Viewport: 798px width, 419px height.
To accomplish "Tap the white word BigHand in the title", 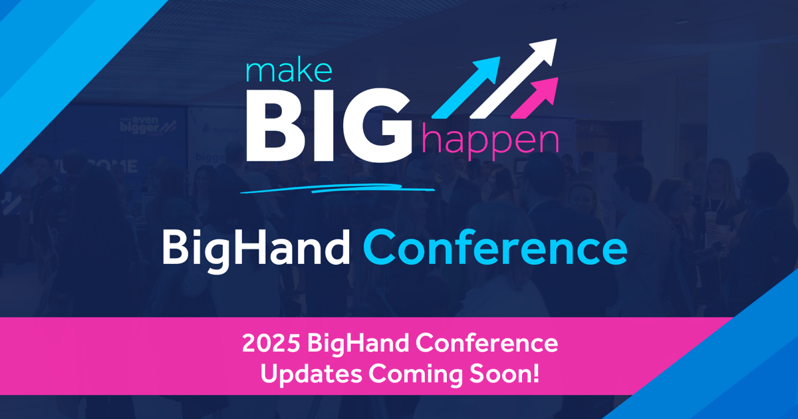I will [256, 249].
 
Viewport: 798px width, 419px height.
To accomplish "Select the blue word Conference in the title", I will [495, 249].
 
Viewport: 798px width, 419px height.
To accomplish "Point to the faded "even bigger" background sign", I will [149, 124].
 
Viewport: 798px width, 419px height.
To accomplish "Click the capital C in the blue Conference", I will [379, 249].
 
